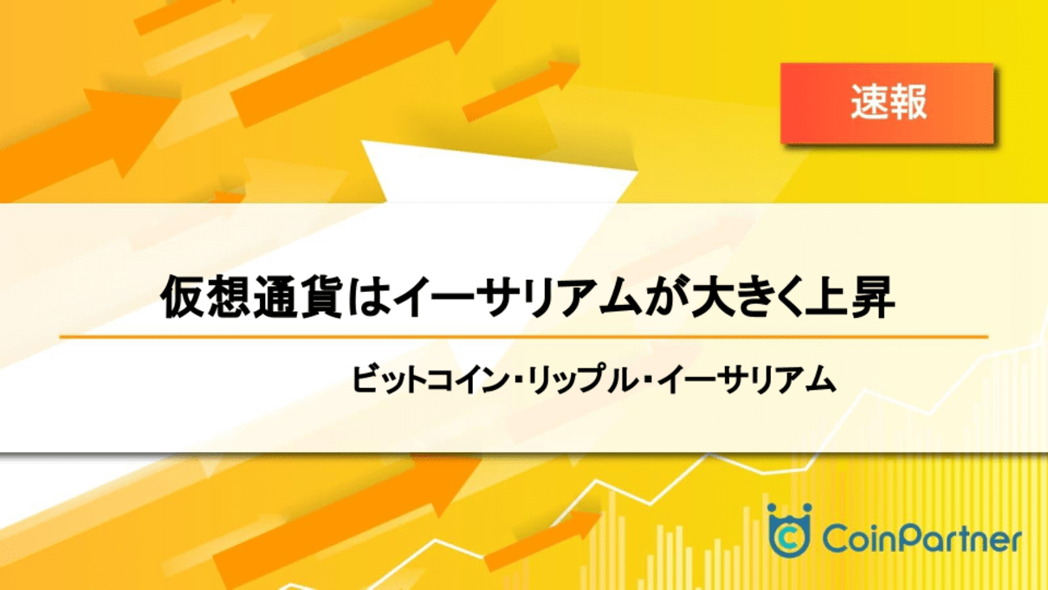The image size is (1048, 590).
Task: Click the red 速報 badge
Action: tap(887, 103)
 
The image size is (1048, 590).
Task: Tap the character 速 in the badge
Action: tap(869, 103)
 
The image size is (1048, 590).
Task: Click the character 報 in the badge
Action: tap(908, 103)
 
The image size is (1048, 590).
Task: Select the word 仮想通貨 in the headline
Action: tap(252, 297)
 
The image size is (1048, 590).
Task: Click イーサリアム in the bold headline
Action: tap(517, 297)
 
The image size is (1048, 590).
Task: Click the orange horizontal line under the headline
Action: tap(523, 336)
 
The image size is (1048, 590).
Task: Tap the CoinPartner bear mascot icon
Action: tap(790, 530)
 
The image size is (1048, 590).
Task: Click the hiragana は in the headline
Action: tap(369, 297)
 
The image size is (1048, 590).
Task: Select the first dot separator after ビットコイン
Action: tap(517, 380)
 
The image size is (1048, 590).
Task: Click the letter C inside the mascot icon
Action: tap(790, 539)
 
